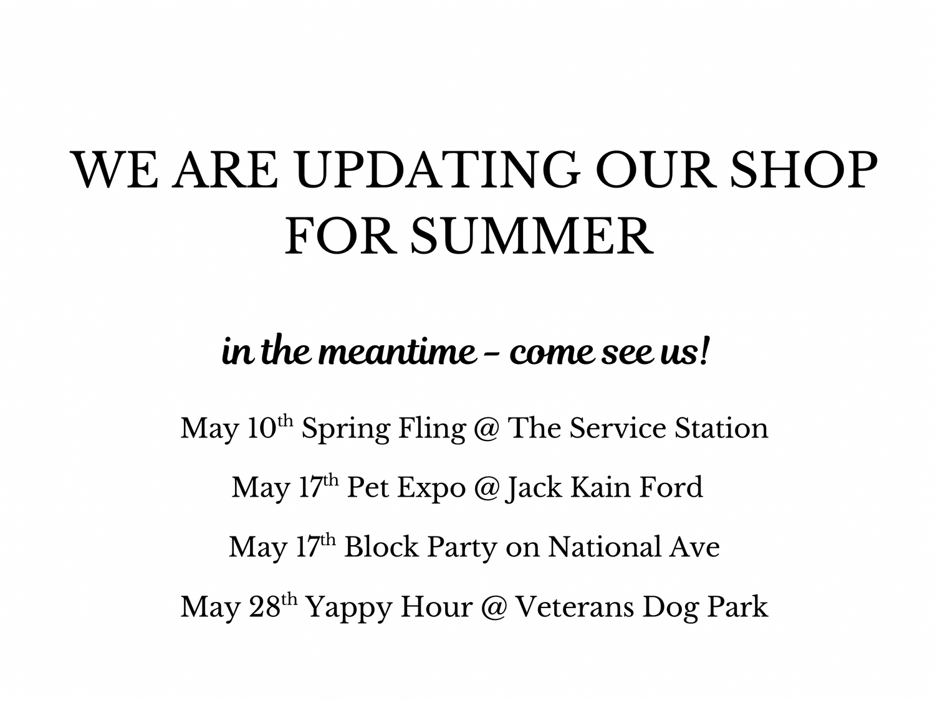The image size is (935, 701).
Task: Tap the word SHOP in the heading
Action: [x=804, y=169]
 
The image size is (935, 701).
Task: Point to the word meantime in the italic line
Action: [x=397, y=353]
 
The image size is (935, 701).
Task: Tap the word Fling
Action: [x=433, y=430]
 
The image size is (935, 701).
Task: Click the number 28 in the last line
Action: [x=264, y=607]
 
